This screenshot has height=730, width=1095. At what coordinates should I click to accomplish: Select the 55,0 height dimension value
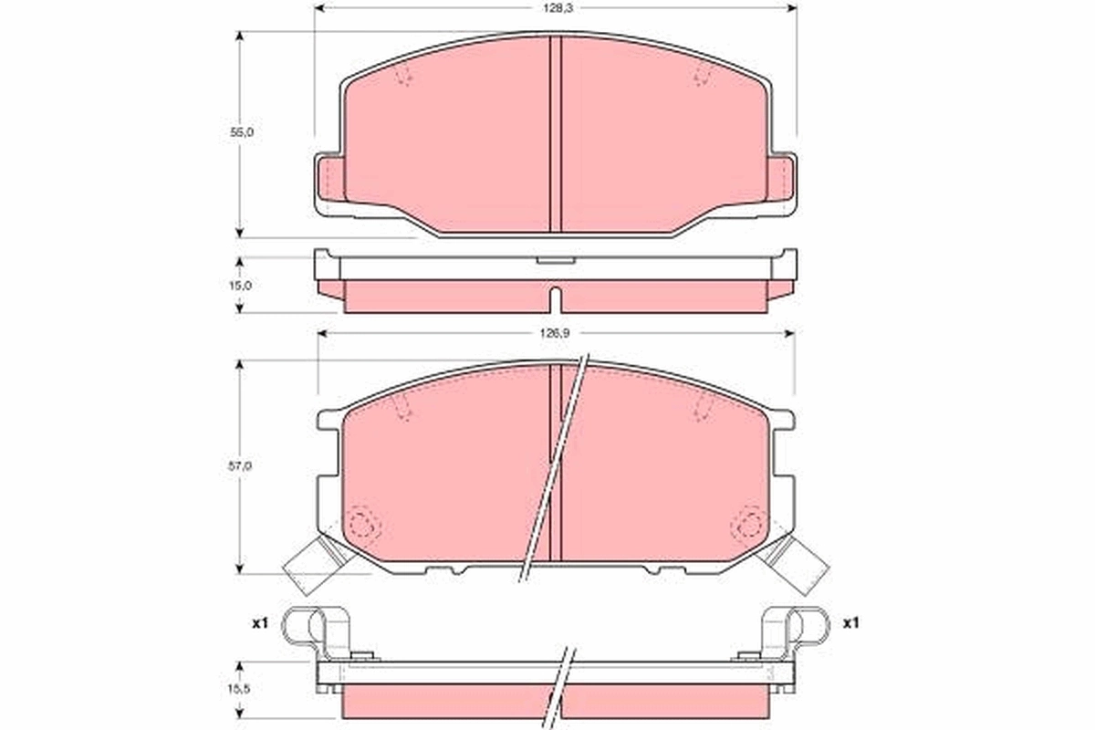tap(241, 132)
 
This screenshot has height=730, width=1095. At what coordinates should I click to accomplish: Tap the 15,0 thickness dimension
tap(241, 285)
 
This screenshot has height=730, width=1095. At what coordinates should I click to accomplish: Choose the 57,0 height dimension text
tap(241, 466)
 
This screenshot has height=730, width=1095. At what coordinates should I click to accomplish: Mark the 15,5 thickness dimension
tap(241, 689)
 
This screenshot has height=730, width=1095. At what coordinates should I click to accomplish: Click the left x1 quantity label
tap(259, 624)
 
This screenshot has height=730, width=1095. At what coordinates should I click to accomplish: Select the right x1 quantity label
tap(850, 624)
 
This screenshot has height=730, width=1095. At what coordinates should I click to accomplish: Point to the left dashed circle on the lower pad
tap(364, 525)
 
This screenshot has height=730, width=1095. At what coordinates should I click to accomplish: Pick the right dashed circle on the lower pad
tap(748, 525)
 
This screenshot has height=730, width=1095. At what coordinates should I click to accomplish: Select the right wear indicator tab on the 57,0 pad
tap(801, 565)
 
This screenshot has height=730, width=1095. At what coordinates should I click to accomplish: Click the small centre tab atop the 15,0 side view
tap(555, 261)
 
